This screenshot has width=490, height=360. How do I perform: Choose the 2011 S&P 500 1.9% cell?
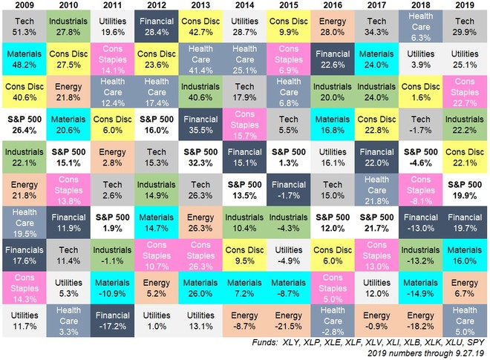coord(113,223)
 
